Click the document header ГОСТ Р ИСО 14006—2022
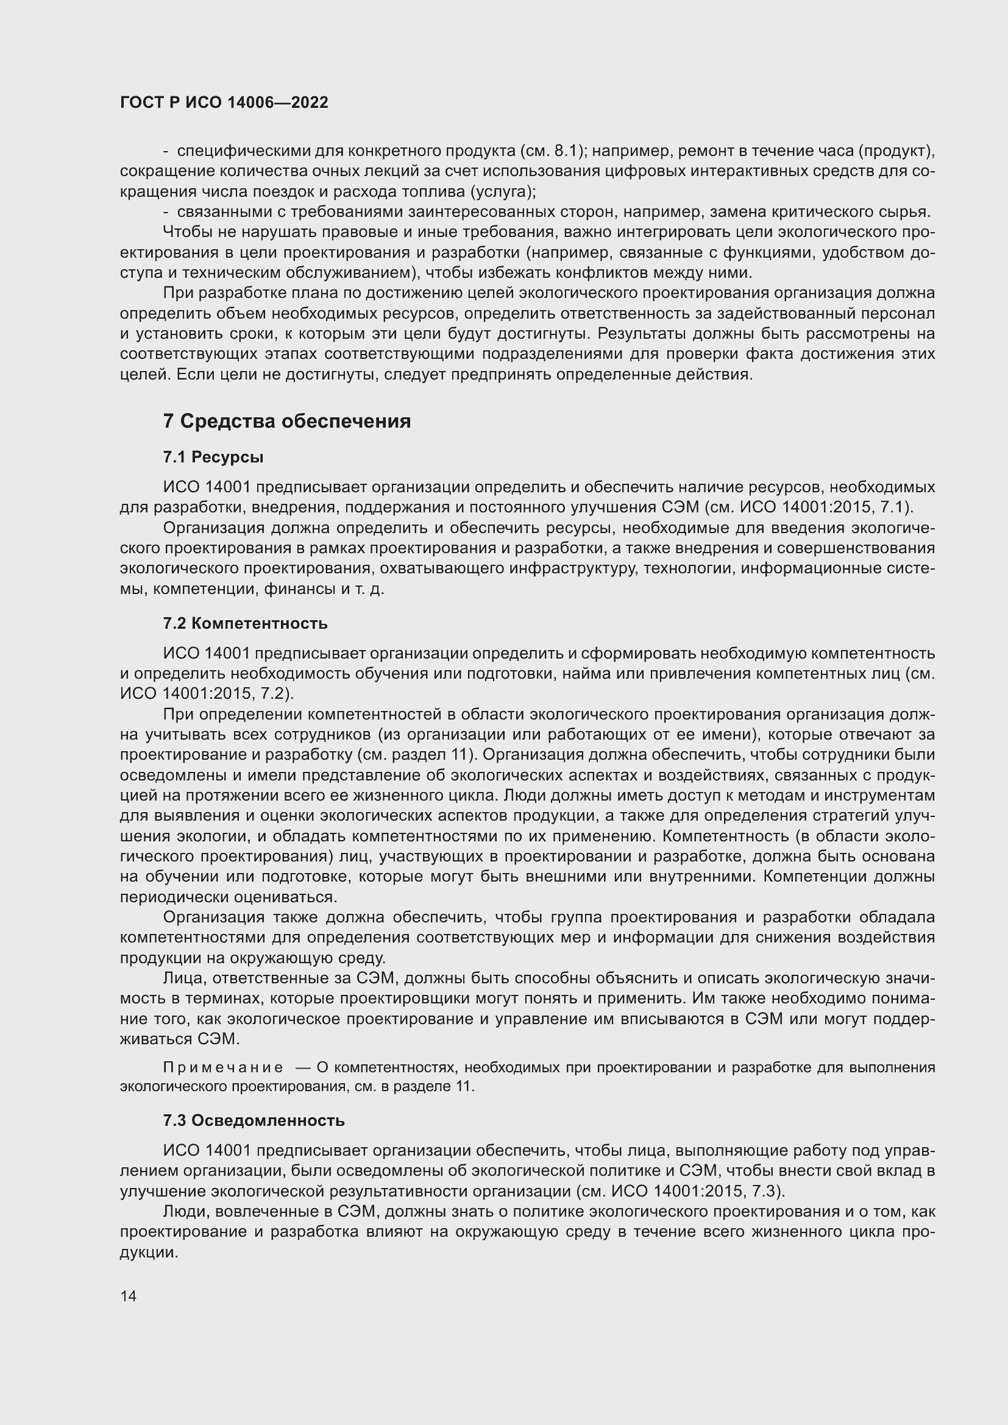point(224,102)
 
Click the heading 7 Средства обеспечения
point(286,422)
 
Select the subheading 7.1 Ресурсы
point(213,458)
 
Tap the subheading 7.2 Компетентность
point(245,623)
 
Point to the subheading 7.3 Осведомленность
point(254,1121)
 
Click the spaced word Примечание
point(223,1067)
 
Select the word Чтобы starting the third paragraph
point(185,232)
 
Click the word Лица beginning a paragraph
point(183,979)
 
